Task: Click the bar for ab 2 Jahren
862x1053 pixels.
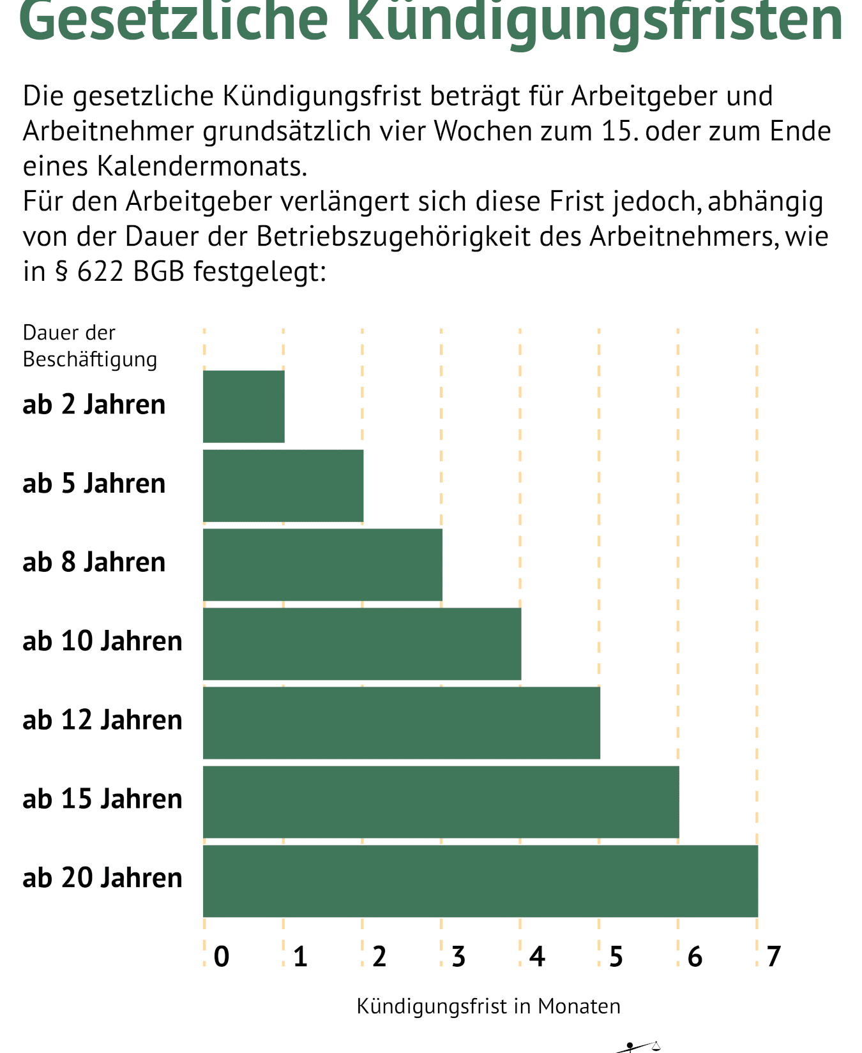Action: [x=244, y=407]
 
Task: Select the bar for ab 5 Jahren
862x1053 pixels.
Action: [x=284, y=486]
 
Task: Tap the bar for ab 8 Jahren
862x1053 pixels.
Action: [x=322, y=565]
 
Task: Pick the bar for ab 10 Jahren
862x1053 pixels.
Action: [x=362, y=644]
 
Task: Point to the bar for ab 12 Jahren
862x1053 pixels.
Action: [x=402, y=723]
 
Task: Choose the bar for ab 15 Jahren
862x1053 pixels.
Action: [x=441, y=802]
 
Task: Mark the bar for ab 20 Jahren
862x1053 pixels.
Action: [x=480, y=881]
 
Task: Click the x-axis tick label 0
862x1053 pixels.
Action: [x=222, y=957]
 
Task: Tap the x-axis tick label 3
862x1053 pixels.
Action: [x=458, y=957]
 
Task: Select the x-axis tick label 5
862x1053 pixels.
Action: [x=616, y=957]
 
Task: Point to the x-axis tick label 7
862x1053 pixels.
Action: [x=774, y=957]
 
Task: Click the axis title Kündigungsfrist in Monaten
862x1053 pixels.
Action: [x=488, y=1006]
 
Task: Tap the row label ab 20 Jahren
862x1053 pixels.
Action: [x=102, y=878]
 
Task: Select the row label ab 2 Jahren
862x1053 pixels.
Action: [x=94, y=405]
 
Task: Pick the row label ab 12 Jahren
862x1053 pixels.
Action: [x=102, y=720]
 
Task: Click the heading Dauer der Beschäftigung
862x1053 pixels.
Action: [x=89, y=346]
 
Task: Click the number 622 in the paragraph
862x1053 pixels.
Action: [x=100, y=272]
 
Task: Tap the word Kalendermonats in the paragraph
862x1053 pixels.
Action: [x=202, y=167]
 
